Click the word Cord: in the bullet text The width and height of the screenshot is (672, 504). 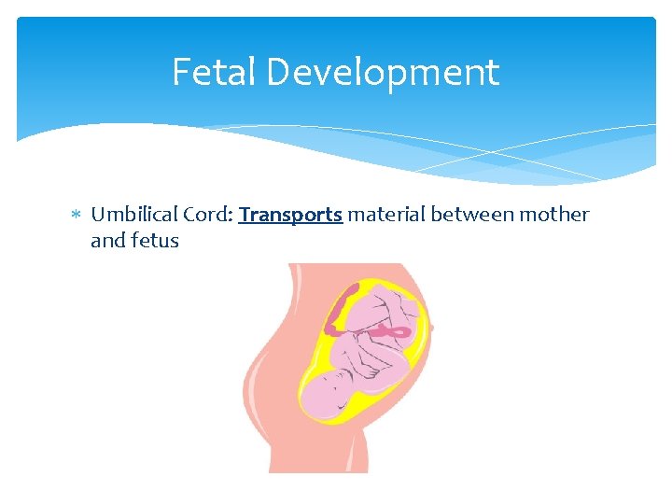[207, 215]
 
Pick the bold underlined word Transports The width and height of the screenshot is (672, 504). [290, 216]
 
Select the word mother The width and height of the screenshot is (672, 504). [554, 215]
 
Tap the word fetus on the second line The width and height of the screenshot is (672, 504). [154, 241]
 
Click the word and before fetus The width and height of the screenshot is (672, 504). [106, 241]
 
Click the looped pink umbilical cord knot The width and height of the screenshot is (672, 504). [383, 330]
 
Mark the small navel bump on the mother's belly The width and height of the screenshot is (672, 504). [432, 328]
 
